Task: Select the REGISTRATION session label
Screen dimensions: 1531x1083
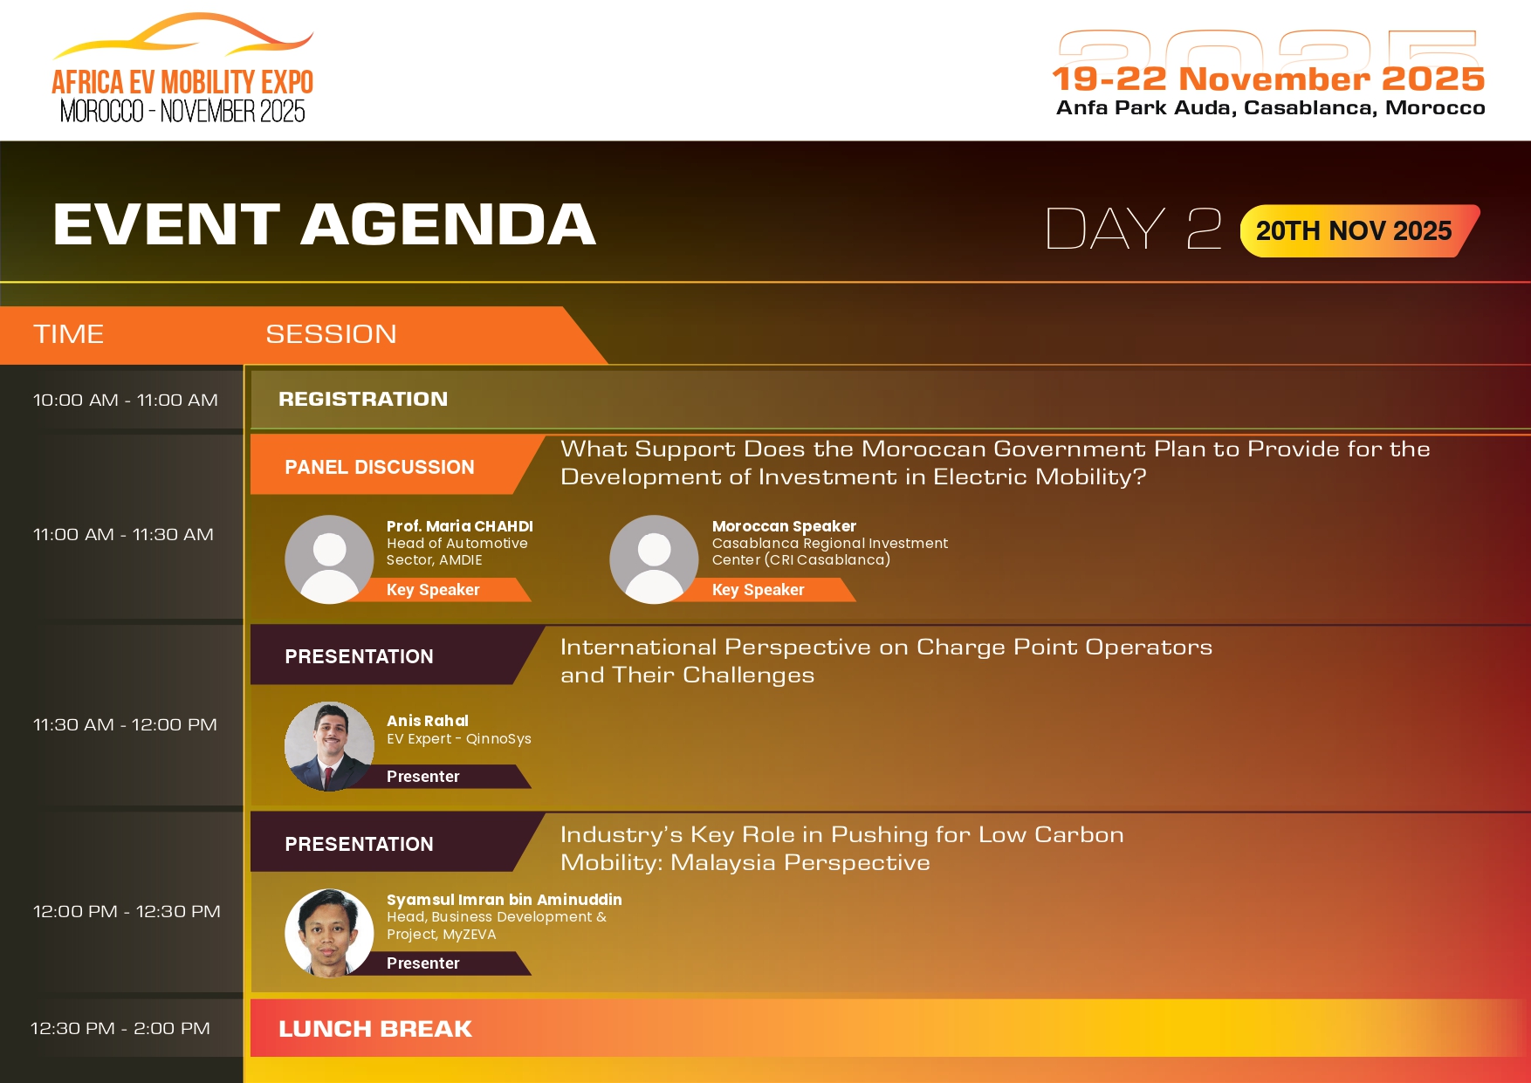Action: click(363, 399)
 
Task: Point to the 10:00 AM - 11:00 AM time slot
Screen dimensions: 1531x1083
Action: click(126, 400)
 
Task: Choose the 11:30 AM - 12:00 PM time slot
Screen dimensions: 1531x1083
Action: click(125, 724)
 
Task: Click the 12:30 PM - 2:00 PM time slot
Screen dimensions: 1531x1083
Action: click(120, 1028)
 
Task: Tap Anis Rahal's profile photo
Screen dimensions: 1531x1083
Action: click(329, 746)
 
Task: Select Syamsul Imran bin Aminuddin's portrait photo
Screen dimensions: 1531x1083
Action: click(329, 933)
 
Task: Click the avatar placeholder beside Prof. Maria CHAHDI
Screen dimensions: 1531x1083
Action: click(329, 559)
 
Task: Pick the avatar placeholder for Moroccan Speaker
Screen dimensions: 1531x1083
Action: click(654, 559)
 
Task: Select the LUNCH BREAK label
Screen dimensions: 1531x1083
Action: click(375, 1029)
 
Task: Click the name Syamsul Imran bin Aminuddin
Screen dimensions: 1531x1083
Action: click(505, 900)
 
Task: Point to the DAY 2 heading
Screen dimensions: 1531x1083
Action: click(1134, 229)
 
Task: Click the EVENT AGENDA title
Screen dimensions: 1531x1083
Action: click(324, 224)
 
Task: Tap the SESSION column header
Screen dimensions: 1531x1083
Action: click(331, 334)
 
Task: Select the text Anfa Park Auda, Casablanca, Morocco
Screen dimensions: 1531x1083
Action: click(1271, 107)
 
